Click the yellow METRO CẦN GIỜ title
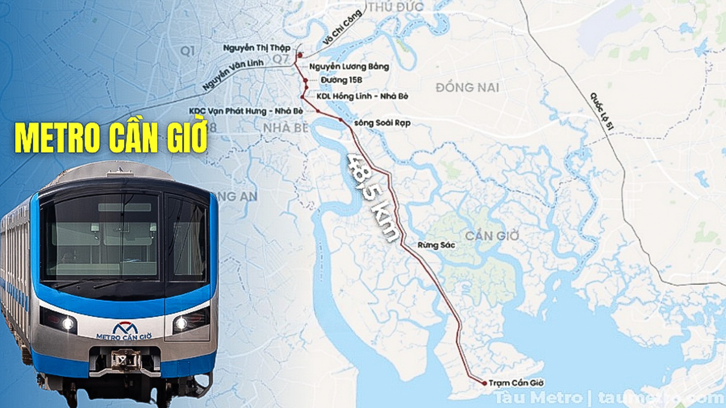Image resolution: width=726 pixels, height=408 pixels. tap(111, 138)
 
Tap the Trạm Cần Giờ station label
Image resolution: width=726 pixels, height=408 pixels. tap(516, 383)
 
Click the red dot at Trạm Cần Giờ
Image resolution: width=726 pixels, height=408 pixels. tap(484, 383)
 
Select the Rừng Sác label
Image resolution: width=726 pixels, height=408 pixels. tap(436, 245)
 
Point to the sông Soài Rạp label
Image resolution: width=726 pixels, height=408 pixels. tap(382, 123)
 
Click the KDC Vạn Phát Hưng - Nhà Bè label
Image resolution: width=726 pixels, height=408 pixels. tap(246, 111)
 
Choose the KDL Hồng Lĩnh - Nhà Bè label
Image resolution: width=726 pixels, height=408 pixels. tap(362, 96)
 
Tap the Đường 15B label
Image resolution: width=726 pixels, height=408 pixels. tap(341, 80)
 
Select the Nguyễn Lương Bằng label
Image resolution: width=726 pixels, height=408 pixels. tap(349, 66)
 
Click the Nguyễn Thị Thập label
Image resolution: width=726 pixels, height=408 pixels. tap(257, 48)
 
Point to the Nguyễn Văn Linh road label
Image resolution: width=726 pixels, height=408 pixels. tap(233, 74)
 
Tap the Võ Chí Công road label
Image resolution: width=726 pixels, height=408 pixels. tap(342, 27)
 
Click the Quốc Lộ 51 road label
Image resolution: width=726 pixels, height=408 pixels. tap(601, 111)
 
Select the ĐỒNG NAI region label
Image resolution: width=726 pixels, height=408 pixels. tap(467, 87)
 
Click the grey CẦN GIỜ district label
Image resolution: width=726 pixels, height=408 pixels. tap(492, 236)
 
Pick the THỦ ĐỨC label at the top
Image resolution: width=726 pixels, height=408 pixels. tap(396, 7)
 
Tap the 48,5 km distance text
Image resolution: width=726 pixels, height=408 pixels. tap(372, 198)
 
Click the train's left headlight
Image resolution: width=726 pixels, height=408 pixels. tap(68, 322)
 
